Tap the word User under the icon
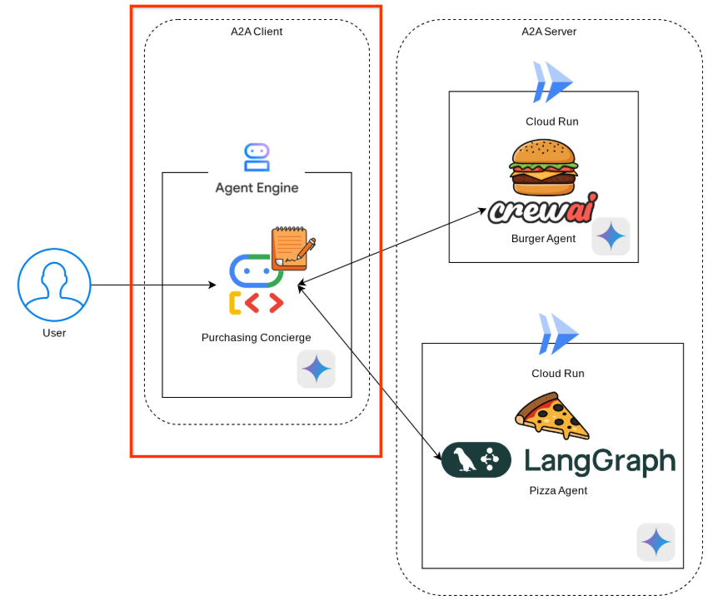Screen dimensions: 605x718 pos(54,333)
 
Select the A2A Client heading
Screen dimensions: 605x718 pos(257,32)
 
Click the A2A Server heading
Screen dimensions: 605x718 pos(548,32)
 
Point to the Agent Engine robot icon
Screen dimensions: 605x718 pos(257,157)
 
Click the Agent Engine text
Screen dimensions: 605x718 pos(257,188)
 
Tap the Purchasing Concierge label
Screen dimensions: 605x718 pos(257,338)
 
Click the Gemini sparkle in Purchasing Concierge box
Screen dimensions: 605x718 pos(317,369)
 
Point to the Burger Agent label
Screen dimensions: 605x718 pos(543,239)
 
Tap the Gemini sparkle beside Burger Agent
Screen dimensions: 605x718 pos(611,236)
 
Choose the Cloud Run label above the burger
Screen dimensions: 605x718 pos(551,121)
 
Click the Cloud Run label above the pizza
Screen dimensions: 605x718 pos(557,374)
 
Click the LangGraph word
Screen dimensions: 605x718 pos(600,460)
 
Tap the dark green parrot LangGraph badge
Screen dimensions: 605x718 pos(476,459)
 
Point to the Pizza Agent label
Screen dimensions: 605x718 pos(558,491)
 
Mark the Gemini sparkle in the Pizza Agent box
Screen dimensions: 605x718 pos(656,542)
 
